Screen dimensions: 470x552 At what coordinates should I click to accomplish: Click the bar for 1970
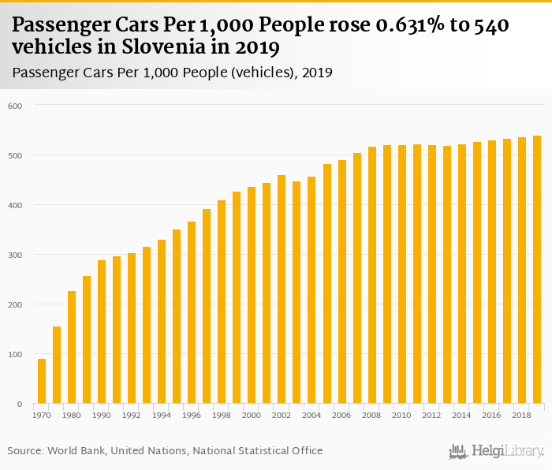[x=42, y=382]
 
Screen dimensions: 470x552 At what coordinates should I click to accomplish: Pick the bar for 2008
[x=371, y=275]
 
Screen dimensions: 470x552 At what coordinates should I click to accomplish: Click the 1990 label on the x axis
[x=102, y=416]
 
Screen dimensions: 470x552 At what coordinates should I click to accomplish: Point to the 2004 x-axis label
[x=311, y=416]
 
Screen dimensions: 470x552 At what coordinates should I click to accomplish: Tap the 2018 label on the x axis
[x=521, y=416]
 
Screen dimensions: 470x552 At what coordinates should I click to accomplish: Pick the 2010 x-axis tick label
[x=401, y=416]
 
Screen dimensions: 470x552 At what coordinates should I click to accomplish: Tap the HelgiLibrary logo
[x=496, y=451]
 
